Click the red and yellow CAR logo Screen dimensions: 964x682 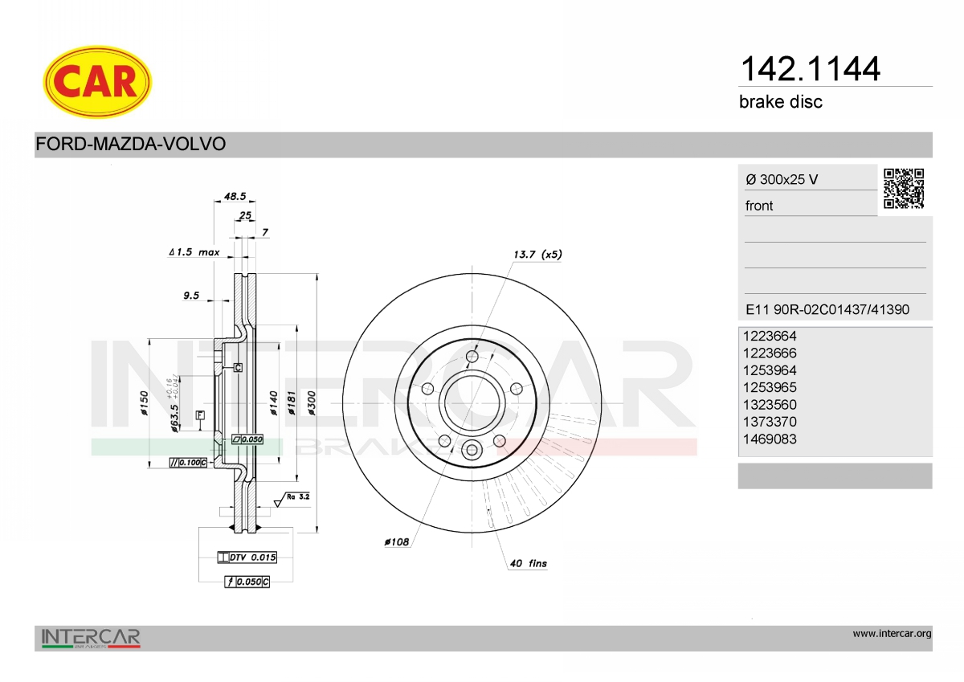coord(97,82)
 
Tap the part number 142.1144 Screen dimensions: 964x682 coord(810,69)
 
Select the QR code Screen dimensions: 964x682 coord(904,189)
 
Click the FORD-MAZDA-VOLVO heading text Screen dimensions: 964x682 coord(130,144)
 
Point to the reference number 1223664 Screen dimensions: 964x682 coord(770,336)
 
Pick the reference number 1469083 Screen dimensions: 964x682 coord(770,439)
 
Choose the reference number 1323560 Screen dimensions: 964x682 coord(770,405)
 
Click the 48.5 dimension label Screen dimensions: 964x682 coord(235,196)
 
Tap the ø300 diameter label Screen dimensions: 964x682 coord(312,403)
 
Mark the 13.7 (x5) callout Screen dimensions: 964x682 coord(537,255)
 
